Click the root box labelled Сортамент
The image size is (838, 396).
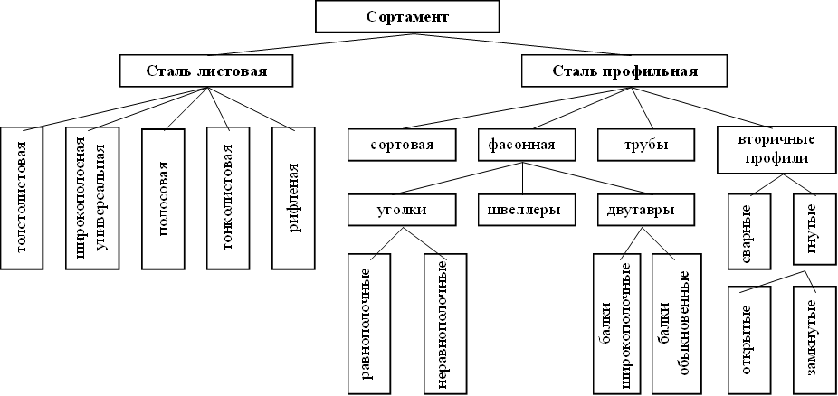tap(407, 17)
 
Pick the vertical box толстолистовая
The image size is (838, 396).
tap(22, 198)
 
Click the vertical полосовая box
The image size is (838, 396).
tap(163, 198)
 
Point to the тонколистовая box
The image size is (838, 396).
tap(228, 198)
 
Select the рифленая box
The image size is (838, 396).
tap(293, 198)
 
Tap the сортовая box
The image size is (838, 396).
tap(403, 145)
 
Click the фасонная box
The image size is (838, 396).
tap(516, 145)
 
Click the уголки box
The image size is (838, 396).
tap(401, 210)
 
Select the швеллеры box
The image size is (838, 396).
tap(519, 210)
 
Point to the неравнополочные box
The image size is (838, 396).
tap(445, 324)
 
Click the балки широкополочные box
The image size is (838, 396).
tap(614, 324)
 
